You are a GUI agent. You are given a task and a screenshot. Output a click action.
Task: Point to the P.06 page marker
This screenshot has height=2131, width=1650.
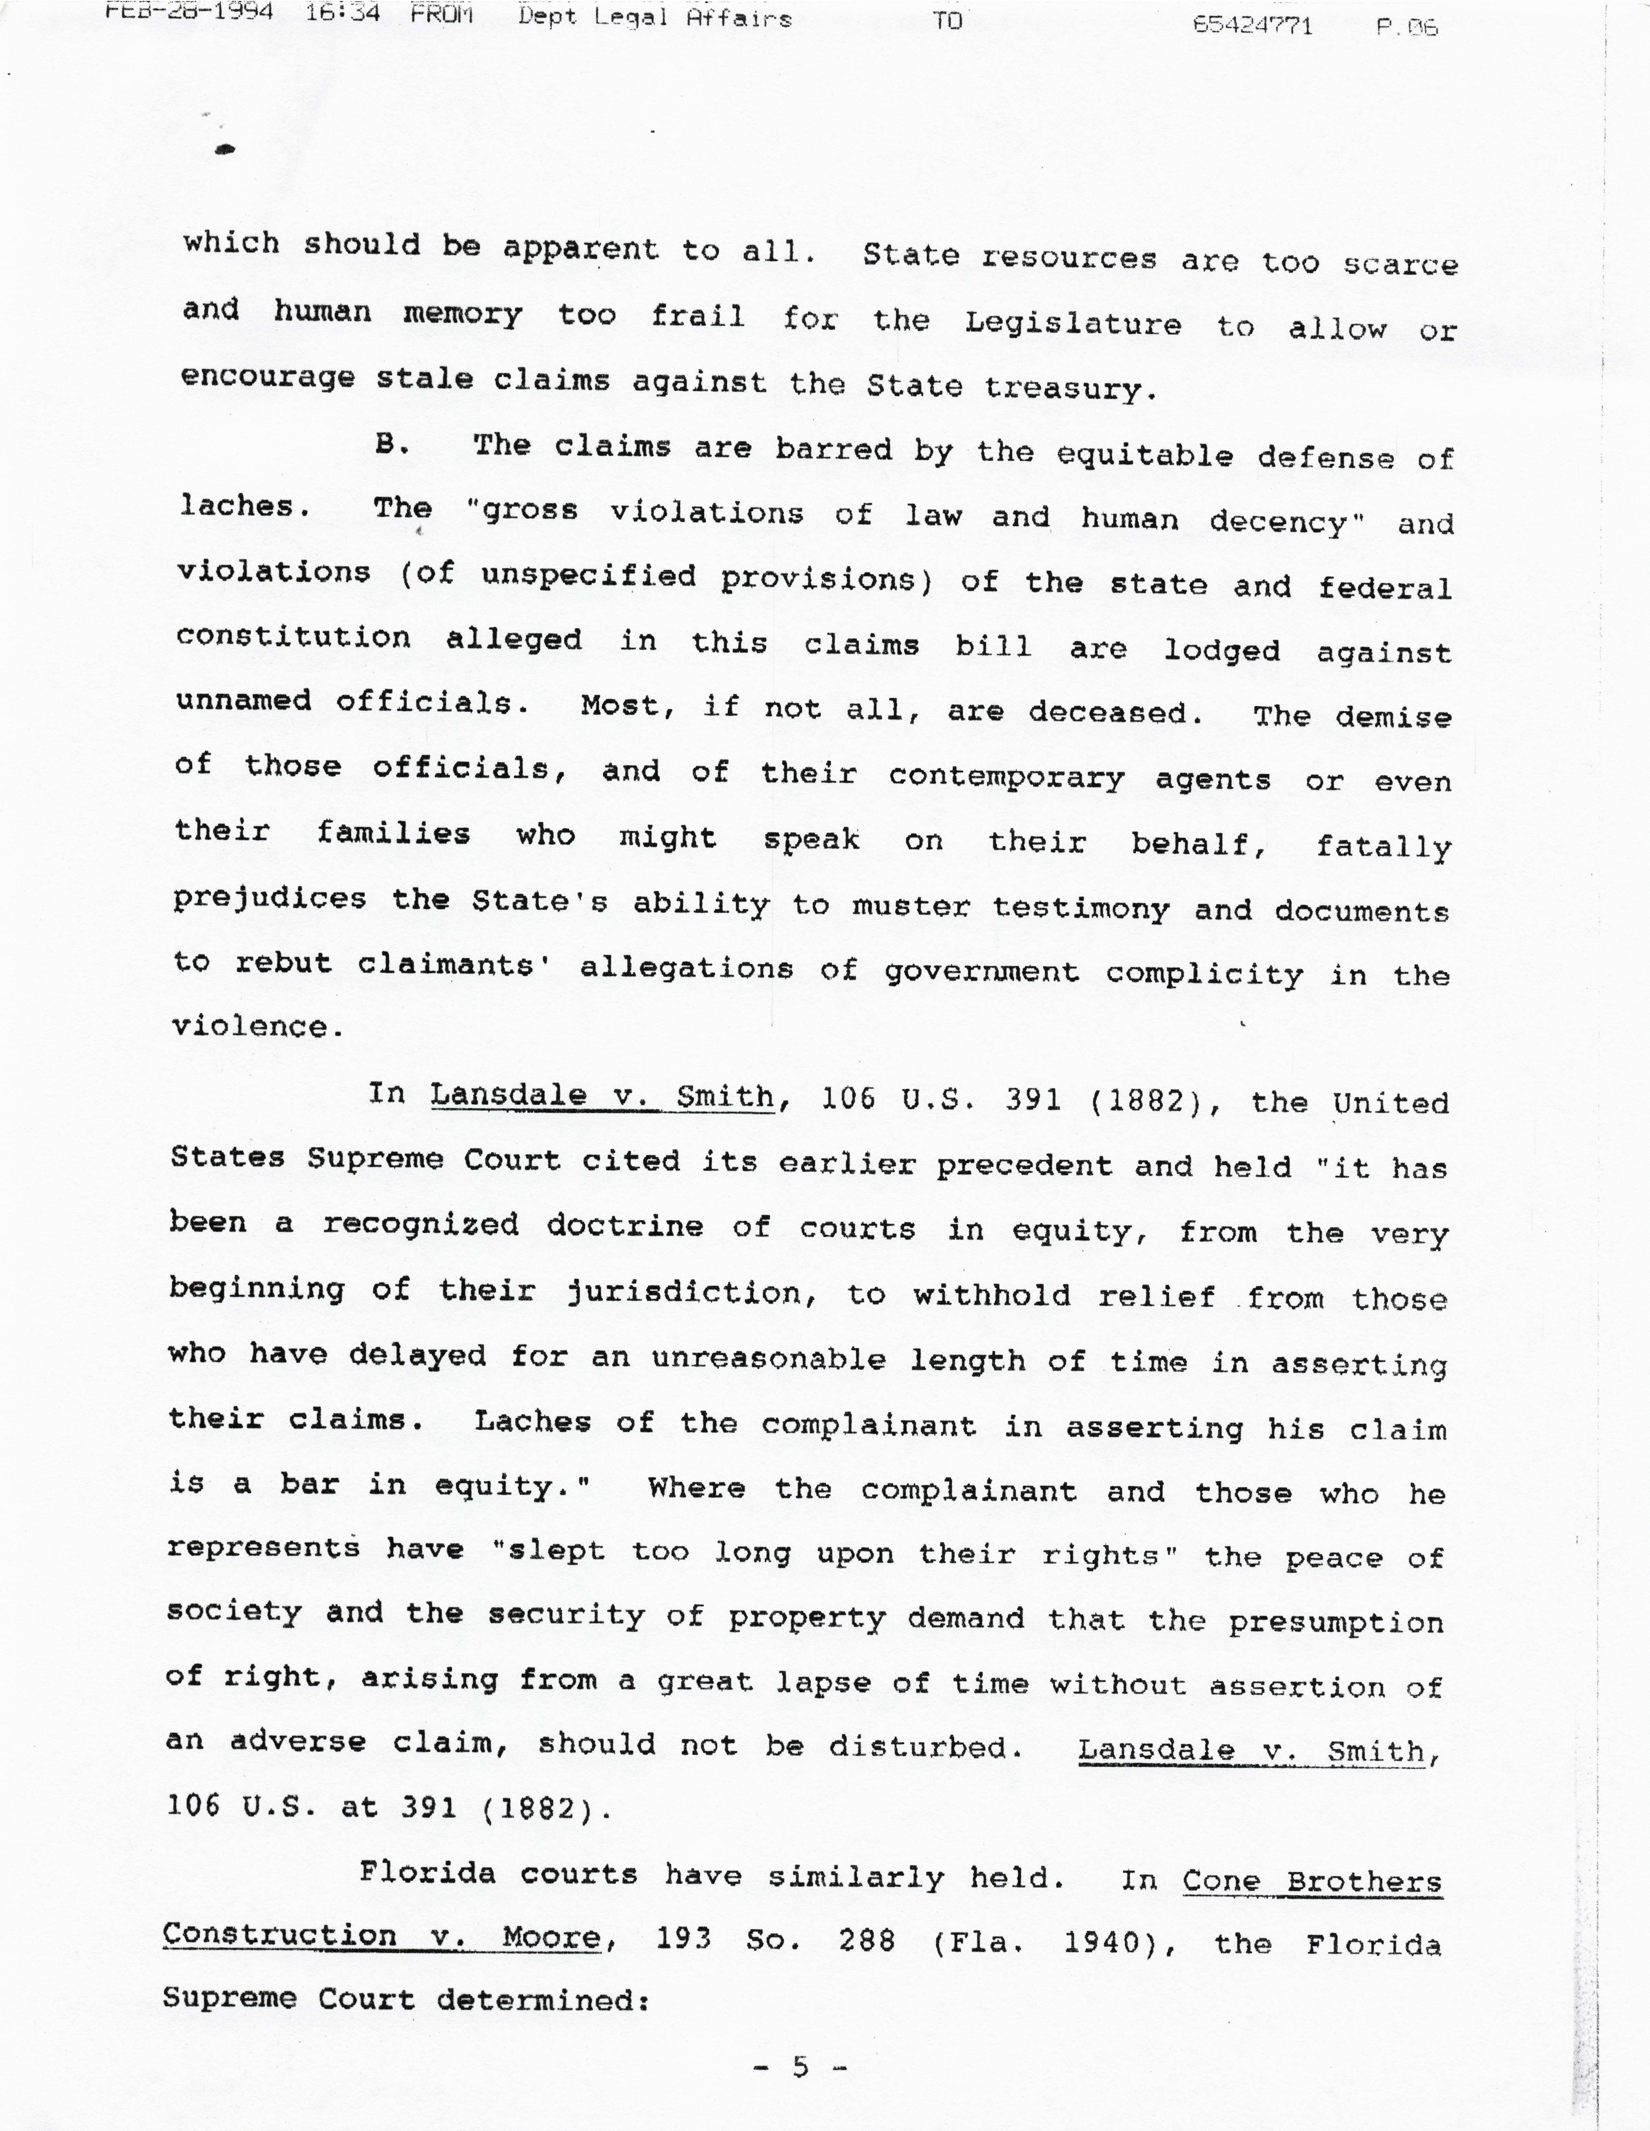click(x=1406, y=27)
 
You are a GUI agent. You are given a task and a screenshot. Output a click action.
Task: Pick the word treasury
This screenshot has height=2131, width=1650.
click(x=1071, y=388)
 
